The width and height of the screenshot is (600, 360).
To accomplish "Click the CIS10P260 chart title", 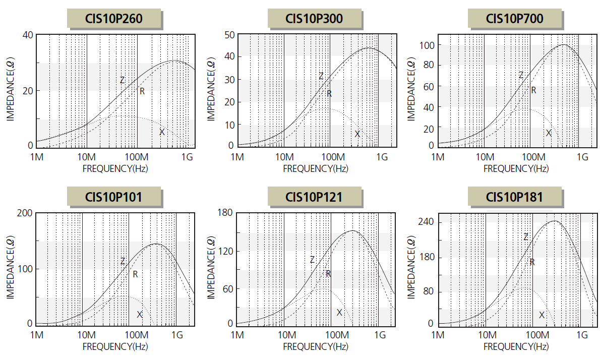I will point(114,19).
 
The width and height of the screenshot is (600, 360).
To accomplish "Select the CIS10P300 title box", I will point(314,19).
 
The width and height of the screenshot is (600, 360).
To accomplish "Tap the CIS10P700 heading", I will point(514,19).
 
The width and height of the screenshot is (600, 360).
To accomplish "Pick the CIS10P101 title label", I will point(114,197).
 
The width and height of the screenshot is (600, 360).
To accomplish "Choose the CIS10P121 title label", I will point(314,197).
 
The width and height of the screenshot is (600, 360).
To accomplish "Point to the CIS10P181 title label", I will point(514,197).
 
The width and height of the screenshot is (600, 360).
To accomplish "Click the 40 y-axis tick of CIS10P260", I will point(27,35).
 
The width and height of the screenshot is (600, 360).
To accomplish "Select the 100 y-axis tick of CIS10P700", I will point(427,45).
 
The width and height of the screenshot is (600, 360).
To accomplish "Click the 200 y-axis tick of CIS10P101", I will point(26,213).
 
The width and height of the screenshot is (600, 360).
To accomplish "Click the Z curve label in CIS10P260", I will point(122,80).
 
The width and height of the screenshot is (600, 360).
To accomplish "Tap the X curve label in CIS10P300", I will point(357,134).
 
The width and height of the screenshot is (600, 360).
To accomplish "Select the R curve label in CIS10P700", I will point(533,91).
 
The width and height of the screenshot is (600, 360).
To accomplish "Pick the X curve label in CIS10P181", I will point(542,315).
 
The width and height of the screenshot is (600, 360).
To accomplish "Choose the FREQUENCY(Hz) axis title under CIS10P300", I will point(315,168).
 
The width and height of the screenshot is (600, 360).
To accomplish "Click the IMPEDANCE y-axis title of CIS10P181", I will point(411,269).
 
